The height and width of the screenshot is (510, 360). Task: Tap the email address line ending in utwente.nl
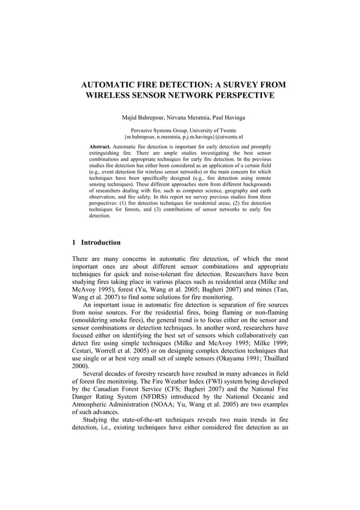(x=183, y=137)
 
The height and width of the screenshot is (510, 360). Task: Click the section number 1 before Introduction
(x=74, y=243)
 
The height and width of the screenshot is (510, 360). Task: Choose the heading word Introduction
(x=101, y=243)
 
